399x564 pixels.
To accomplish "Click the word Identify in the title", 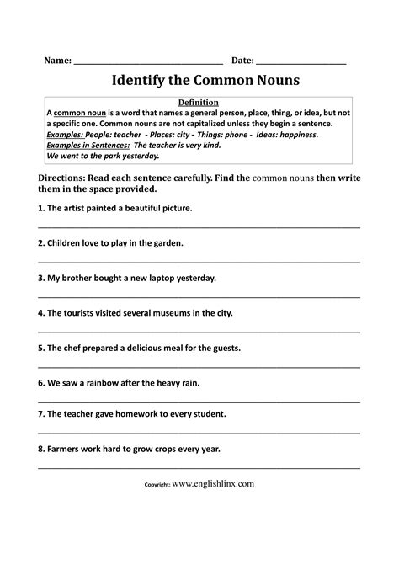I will coord(136,82).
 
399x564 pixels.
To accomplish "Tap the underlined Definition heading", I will coord(199,102).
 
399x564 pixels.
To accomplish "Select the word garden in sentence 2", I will coord(167,242).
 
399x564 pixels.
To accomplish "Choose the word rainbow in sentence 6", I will coord(106,381).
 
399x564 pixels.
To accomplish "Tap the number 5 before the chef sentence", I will coord(40,347).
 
